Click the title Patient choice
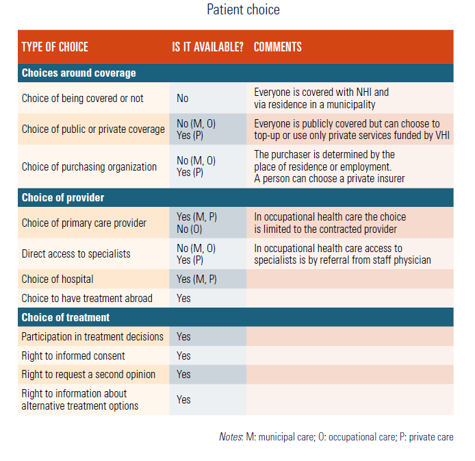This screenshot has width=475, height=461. [243, 10]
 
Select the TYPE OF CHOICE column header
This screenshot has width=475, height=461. [55, 47]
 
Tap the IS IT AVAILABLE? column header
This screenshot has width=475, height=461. [207, 47]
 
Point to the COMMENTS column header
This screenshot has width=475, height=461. [277, 47]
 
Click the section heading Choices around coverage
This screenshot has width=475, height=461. [79, 73]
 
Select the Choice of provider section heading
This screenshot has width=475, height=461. [62, 197]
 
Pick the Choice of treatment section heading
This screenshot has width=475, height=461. [65, 318]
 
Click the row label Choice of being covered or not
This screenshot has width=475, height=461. [82, 99]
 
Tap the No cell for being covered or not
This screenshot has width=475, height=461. [183, 99]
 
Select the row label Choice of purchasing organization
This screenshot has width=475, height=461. [89, 167]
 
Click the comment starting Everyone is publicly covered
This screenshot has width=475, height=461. [346, 129]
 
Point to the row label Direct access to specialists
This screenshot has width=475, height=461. [76, 254]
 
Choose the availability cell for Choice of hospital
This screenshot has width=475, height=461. [196, 279]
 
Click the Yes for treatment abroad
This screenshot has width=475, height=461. [183, 299]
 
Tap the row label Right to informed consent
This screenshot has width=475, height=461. [73, 356]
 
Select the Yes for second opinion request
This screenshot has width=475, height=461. [183, 375]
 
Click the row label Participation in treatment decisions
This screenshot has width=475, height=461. [92, 337]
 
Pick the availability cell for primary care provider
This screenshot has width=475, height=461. [196, 223]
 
